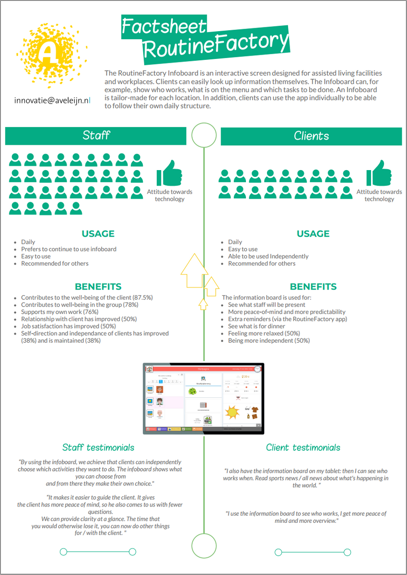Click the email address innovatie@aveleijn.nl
coord(52,101)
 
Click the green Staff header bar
coord(96,136)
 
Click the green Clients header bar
coord(311,136)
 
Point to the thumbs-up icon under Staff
coord(168,173)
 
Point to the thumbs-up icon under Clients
coord(379,173)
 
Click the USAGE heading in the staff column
coord(98,234)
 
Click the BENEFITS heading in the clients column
coord(313,287)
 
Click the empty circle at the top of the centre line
coord(204,135)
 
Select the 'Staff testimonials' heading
coord(98,448)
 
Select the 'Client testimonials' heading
coord(303,448)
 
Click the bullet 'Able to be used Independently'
coord(268,256)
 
